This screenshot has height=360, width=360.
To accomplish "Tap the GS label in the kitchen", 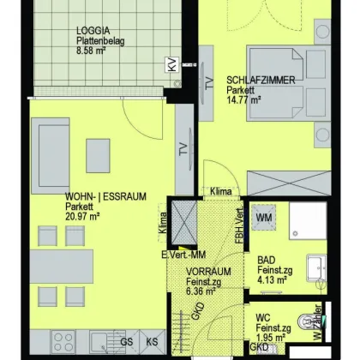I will [x=125, y=340].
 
